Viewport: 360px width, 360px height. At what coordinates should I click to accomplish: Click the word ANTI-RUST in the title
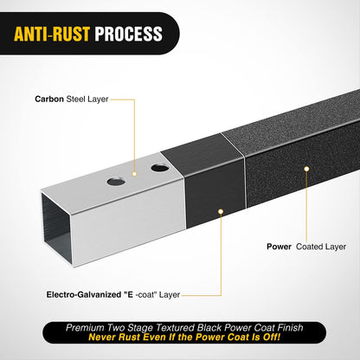coord(52,34)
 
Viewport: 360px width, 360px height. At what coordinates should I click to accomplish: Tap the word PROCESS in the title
coord(129,34)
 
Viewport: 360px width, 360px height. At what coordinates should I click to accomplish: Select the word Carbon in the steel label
coord(49,99)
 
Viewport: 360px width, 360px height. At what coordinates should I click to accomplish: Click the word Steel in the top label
coord(76,99)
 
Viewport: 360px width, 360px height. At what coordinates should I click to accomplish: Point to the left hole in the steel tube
coord(116,182)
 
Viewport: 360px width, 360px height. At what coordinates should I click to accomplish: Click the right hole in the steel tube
coord(160,168)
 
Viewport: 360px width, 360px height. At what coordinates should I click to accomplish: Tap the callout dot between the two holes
coord(134,174)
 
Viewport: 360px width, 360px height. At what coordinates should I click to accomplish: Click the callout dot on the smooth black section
coord(221,212)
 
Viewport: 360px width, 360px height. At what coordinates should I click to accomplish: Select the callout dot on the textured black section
coord(306,169)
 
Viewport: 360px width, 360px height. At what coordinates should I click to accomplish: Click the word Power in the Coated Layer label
coord(279,247)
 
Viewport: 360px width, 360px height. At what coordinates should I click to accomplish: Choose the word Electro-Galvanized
coord(84,295)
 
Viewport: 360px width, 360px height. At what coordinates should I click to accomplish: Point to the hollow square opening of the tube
coord(57,228)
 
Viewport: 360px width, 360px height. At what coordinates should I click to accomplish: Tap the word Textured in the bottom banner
coord(176,328)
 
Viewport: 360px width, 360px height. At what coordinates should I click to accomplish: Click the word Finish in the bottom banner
coord(290,328)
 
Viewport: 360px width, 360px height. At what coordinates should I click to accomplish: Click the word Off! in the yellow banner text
coord(272,337)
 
